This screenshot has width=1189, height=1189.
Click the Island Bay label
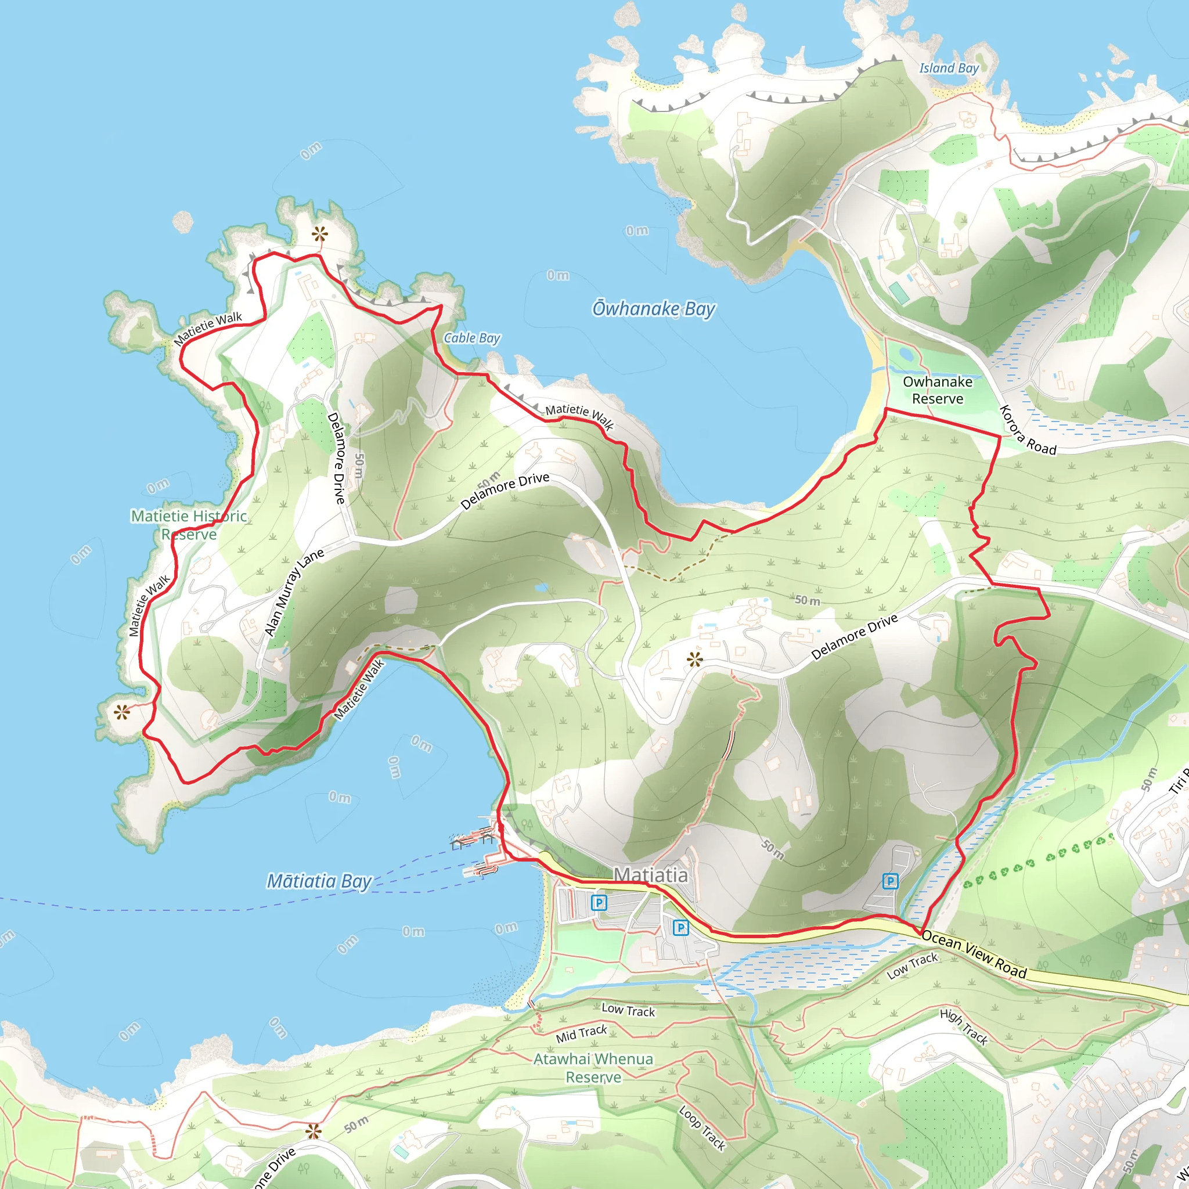tap(949, 69)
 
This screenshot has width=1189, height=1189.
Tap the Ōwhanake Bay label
tap(654, 308)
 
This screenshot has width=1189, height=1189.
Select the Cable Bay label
tap(472, 338)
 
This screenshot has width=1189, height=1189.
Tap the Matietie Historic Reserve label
tap(189, 525)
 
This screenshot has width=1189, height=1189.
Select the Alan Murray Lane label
tap(294, 592)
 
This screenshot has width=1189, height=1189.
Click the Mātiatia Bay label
tap(319, 881)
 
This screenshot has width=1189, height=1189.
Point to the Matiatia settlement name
tap(650, 874)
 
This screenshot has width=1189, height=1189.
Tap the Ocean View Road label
tap(974, 954)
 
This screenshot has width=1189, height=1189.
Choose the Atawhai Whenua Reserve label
tap(593, 1068)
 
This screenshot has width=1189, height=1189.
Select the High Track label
tap(964, 1026)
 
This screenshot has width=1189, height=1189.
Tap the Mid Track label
tap(581, 1033)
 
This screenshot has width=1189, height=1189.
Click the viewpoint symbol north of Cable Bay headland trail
tap(319, 234)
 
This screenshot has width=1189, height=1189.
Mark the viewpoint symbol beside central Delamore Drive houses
tap(695, 660)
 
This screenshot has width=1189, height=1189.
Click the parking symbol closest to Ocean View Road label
tap(890, 881)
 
